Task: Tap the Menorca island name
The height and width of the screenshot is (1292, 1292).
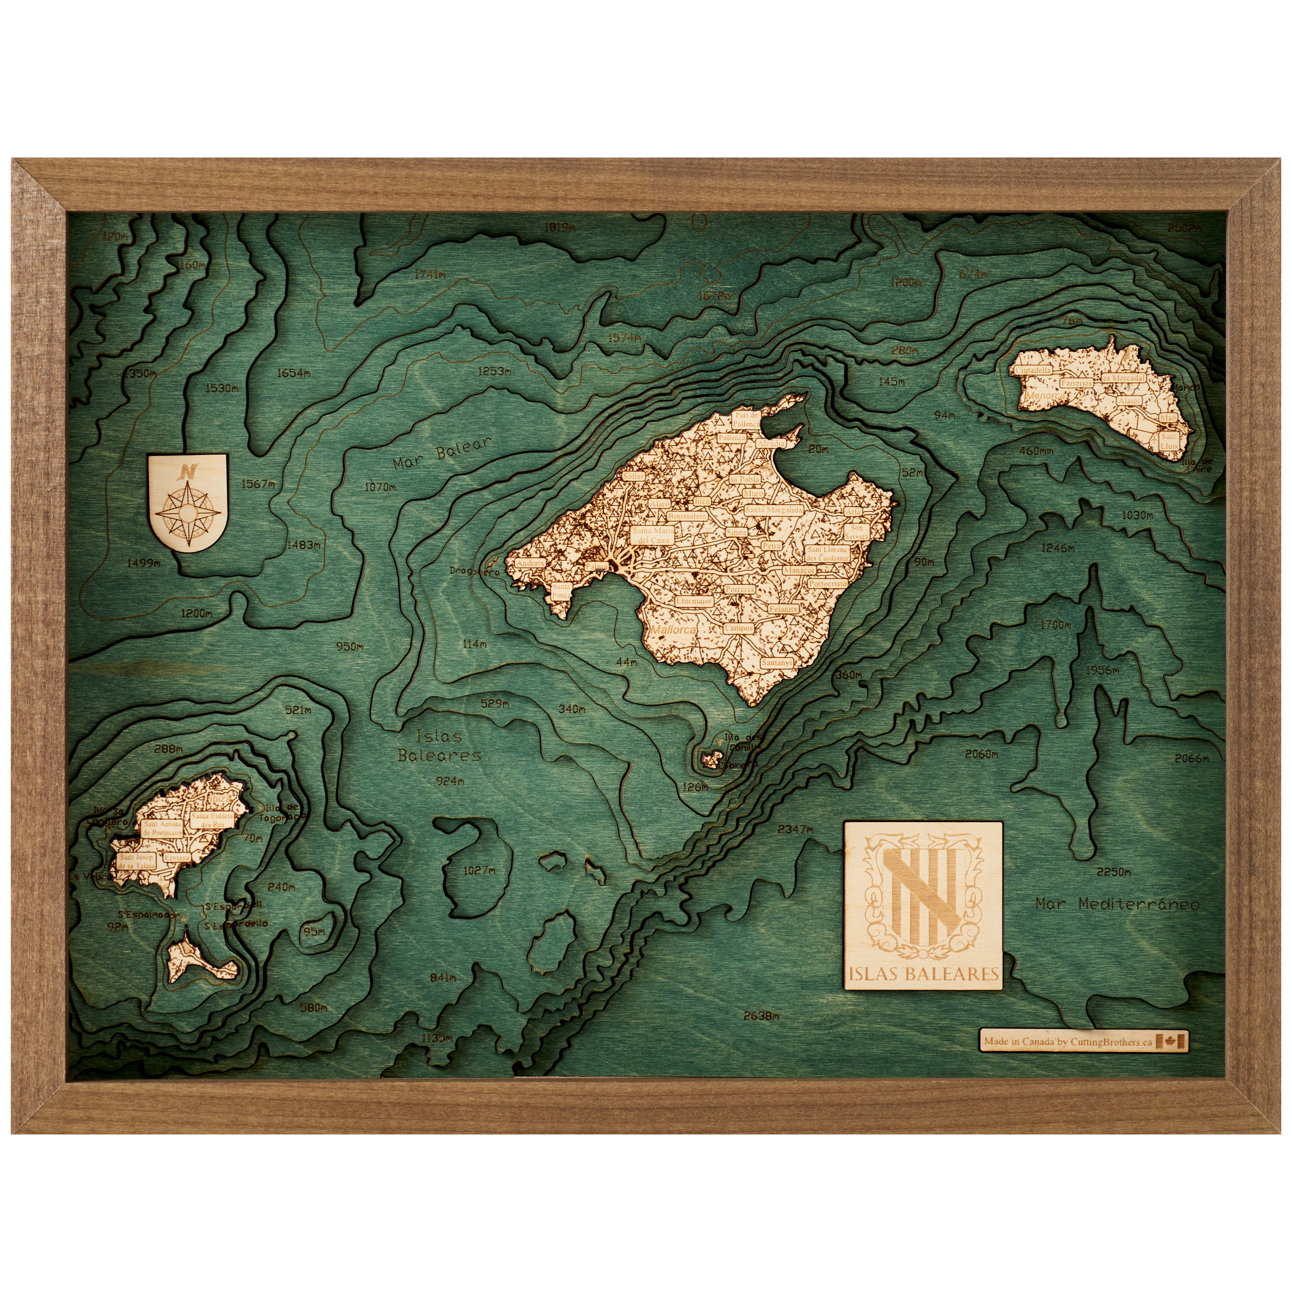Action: click(x=1043, y=396)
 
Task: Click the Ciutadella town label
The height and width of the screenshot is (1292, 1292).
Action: click(x=1033, y=370)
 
